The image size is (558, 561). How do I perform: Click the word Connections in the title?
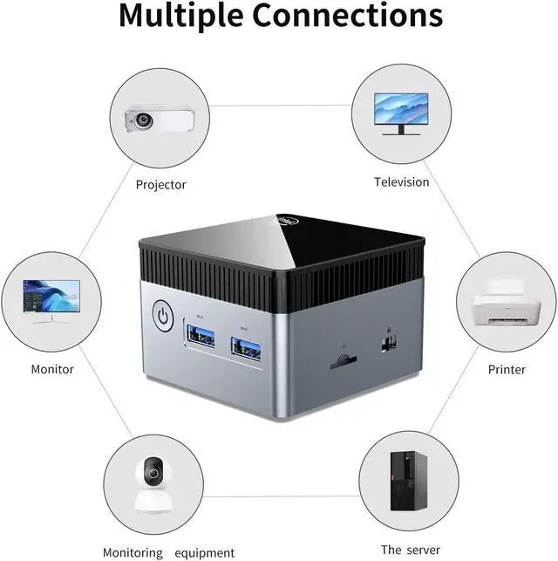click(x=350, y=16)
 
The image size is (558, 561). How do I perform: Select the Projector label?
click(x=161, y=184)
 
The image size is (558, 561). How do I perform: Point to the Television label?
click(x=402, y=182)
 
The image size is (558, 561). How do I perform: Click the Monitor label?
click(x=52, y=369)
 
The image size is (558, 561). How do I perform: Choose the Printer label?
click(x=507, y=370)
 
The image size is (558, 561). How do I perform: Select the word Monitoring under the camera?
click(x=133, y=552)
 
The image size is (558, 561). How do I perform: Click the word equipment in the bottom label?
click(x=203, y=552)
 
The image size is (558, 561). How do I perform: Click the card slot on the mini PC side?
click(x=344, y=359)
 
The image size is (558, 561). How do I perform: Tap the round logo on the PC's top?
click(x=288, y=221)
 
